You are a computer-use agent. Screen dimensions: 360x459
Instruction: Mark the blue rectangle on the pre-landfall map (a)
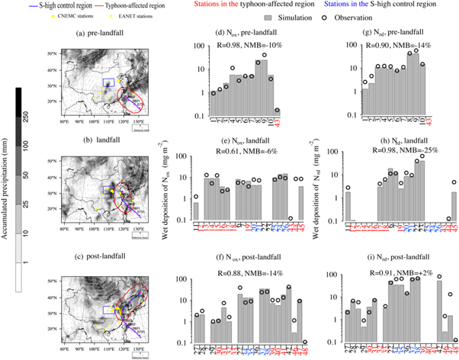108,82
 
